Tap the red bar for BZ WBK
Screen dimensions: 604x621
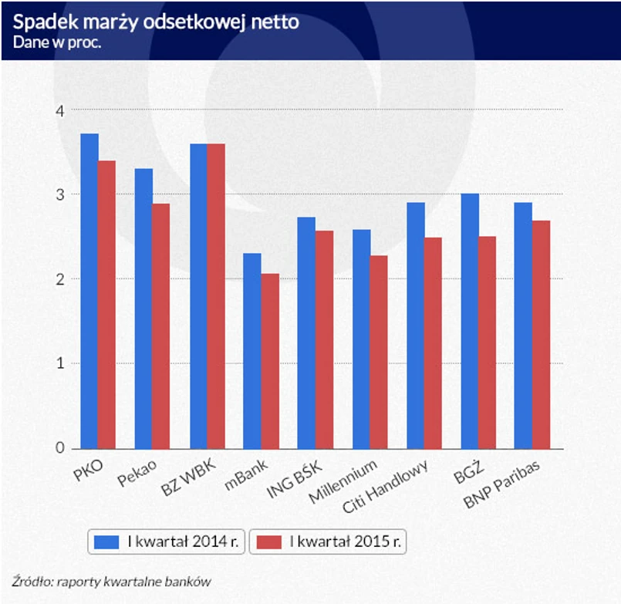click(215, 296)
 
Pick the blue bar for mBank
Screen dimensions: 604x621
click(251, 351)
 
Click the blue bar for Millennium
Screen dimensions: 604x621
click(361, 339)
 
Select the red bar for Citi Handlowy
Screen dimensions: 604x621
click(433, 343)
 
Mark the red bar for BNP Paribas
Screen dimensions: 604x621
click(542, 335)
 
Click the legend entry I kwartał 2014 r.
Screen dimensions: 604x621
click(167, 542)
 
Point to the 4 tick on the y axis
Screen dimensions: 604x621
click(59, 110)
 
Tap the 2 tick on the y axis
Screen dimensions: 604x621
click(59, 279)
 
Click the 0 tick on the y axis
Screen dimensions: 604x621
click(59, 448)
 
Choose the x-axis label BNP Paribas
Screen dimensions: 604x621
click(502, 486)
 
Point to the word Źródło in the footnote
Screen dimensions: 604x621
click(29, 582)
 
